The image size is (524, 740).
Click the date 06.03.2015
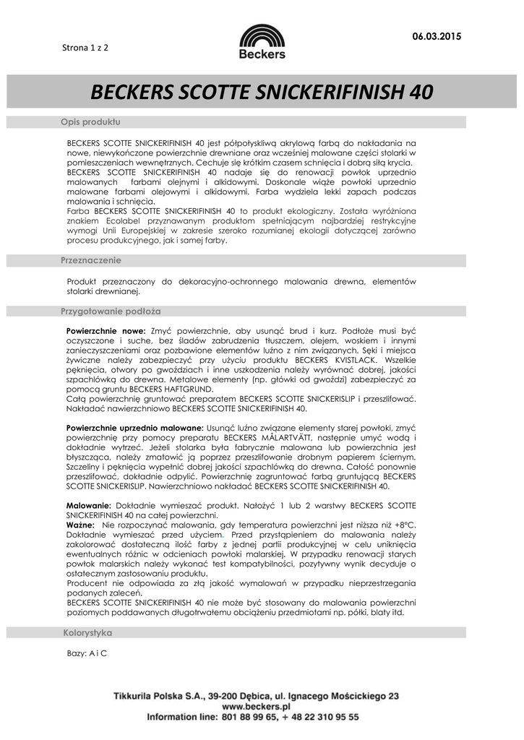point(436,36)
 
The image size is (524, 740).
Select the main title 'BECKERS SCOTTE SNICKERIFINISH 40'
point(262,92)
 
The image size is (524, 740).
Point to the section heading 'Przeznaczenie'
point(91,260)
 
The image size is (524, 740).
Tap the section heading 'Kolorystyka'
point(87,632)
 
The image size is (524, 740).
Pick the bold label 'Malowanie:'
point(87,505)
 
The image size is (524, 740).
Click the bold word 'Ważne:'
point(80,524)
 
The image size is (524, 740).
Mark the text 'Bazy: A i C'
point(87,653)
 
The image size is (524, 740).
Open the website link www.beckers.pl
point(256,705)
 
